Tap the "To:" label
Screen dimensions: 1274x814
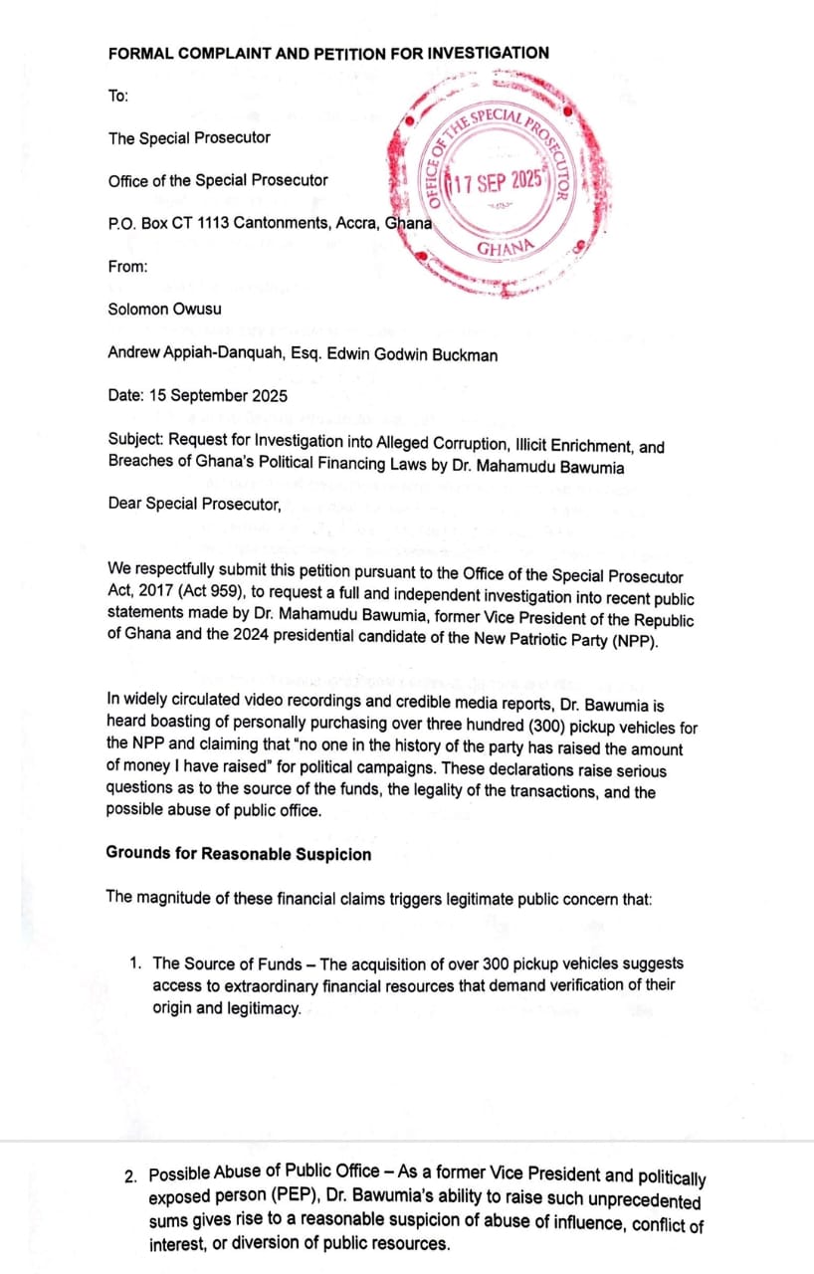click(x=117, y=96)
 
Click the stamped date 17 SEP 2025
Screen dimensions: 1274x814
click(x=497, y=182)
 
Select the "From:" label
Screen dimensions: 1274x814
click(x=127, y=266)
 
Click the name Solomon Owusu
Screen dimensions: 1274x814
click(x=164, y=309)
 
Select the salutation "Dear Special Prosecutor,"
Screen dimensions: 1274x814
click(x=194, y=504)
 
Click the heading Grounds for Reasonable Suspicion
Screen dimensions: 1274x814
click(x=238, y=854)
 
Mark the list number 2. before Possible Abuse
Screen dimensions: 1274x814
click(x=131, y=1177)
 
